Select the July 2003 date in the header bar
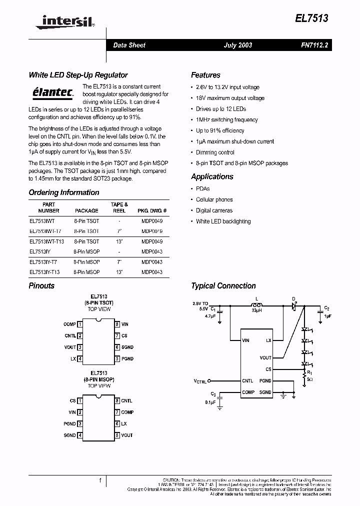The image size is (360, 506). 237,45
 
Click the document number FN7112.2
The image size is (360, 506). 314,45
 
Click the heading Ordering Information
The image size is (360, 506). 64,192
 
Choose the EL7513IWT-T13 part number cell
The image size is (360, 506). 47,241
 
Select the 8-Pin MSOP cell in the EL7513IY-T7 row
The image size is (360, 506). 86,262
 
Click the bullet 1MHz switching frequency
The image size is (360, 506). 227,120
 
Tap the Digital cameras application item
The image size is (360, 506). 214,210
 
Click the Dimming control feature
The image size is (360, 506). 215,152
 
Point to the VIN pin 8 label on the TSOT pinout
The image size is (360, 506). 125,324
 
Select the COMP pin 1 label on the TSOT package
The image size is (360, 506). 69,324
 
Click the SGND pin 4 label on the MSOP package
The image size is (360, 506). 69,435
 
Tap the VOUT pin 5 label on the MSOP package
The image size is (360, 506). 127,435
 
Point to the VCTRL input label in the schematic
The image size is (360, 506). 200,381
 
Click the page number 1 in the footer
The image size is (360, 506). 100,480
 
